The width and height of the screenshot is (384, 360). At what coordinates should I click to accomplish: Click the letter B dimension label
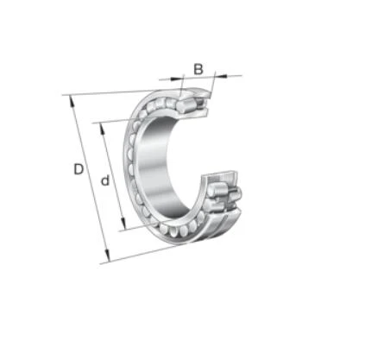(198, 69)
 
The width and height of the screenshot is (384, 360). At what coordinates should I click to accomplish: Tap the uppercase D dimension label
(79, 169)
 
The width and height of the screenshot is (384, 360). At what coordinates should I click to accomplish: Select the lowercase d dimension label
(105, 180)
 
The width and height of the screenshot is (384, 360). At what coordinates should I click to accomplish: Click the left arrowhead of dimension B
(176, 78)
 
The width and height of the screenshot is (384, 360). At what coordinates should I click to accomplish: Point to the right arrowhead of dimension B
(221, 76)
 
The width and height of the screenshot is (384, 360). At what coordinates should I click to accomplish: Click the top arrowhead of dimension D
(72, 101)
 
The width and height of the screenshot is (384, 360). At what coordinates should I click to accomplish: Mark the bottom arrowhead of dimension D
(107, 256)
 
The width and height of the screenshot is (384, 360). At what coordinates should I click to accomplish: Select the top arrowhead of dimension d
(102, 129)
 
